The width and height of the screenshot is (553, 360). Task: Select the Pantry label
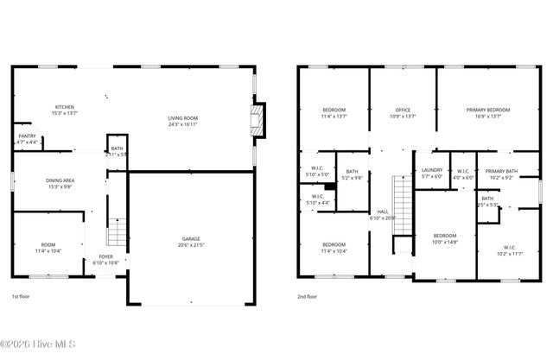(28, 136)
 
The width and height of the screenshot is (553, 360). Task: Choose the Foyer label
(105, 256)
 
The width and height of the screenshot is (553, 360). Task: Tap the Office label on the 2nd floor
(403, 110)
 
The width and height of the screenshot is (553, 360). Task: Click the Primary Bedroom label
(488, 110)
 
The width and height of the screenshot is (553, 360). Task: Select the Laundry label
(431, 170)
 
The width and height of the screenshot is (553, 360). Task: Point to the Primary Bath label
(501, 170)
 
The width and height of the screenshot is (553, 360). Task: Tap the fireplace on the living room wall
(256, 120)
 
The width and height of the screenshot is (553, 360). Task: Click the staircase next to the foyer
(116, 231)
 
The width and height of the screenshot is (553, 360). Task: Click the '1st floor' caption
(22, 296)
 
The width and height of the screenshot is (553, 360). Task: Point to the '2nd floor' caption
(307, 296)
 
